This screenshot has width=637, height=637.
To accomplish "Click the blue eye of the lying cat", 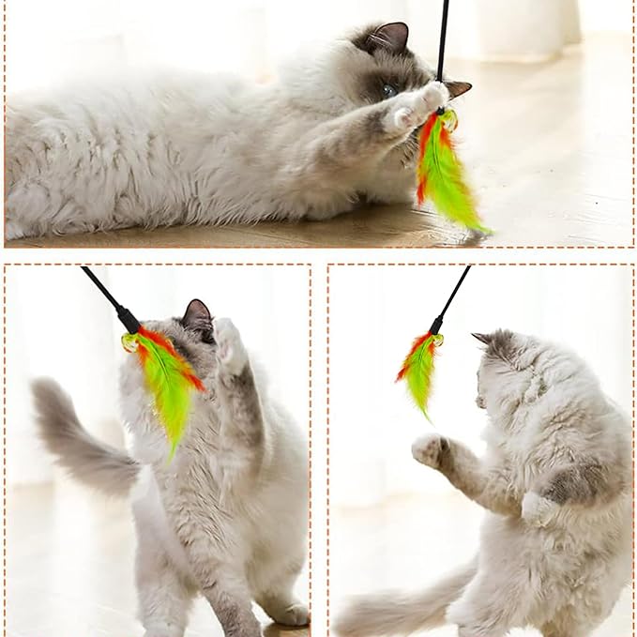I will tap(388, 90).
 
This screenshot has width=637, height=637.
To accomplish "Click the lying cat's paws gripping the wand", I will tap(418, 105).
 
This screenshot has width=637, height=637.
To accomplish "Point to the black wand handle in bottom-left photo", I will tap(111, 300).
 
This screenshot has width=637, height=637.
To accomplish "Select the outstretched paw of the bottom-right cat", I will tap(431, 450).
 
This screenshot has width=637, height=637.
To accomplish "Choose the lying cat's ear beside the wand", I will tap(458, 88).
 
